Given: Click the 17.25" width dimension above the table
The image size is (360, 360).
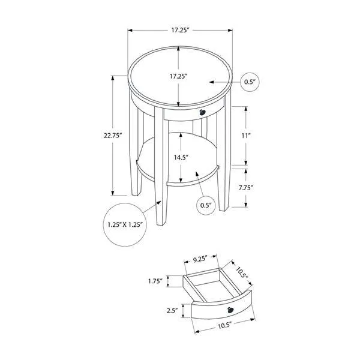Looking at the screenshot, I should [180, 29].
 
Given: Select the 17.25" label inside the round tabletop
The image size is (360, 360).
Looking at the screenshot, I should [180, 76].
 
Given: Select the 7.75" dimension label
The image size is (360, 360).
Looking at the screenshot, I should [262, 187].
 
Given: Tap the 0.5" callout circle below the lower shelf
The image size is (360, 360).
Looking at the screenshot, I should [206, 205].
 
